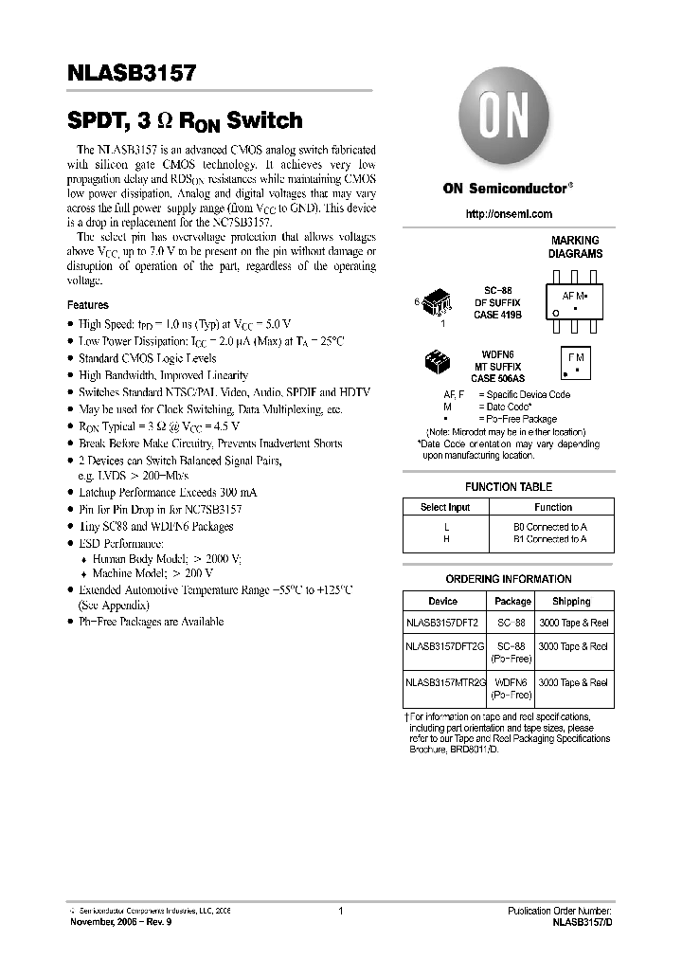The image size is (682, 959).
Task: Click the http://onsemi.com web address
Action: point(509,214)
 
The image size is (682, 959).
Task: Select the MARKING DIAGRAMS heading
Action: point(575,247)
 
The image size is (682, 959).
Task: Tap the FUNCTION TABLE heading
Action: point(509,486)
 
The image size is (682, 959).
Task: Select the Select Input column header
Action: point(445,508)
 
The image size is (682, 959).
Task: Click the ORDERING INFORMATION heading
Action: point(509,579)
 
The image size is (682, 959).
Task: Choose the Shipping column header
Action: point(571,601)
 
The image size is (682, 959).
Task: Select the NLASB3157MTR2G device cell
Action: point(444,681)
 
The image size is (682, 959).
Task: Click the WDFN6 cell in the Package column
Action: point(512,681)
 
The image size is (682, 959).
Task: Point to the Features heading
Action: point(87,305)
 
